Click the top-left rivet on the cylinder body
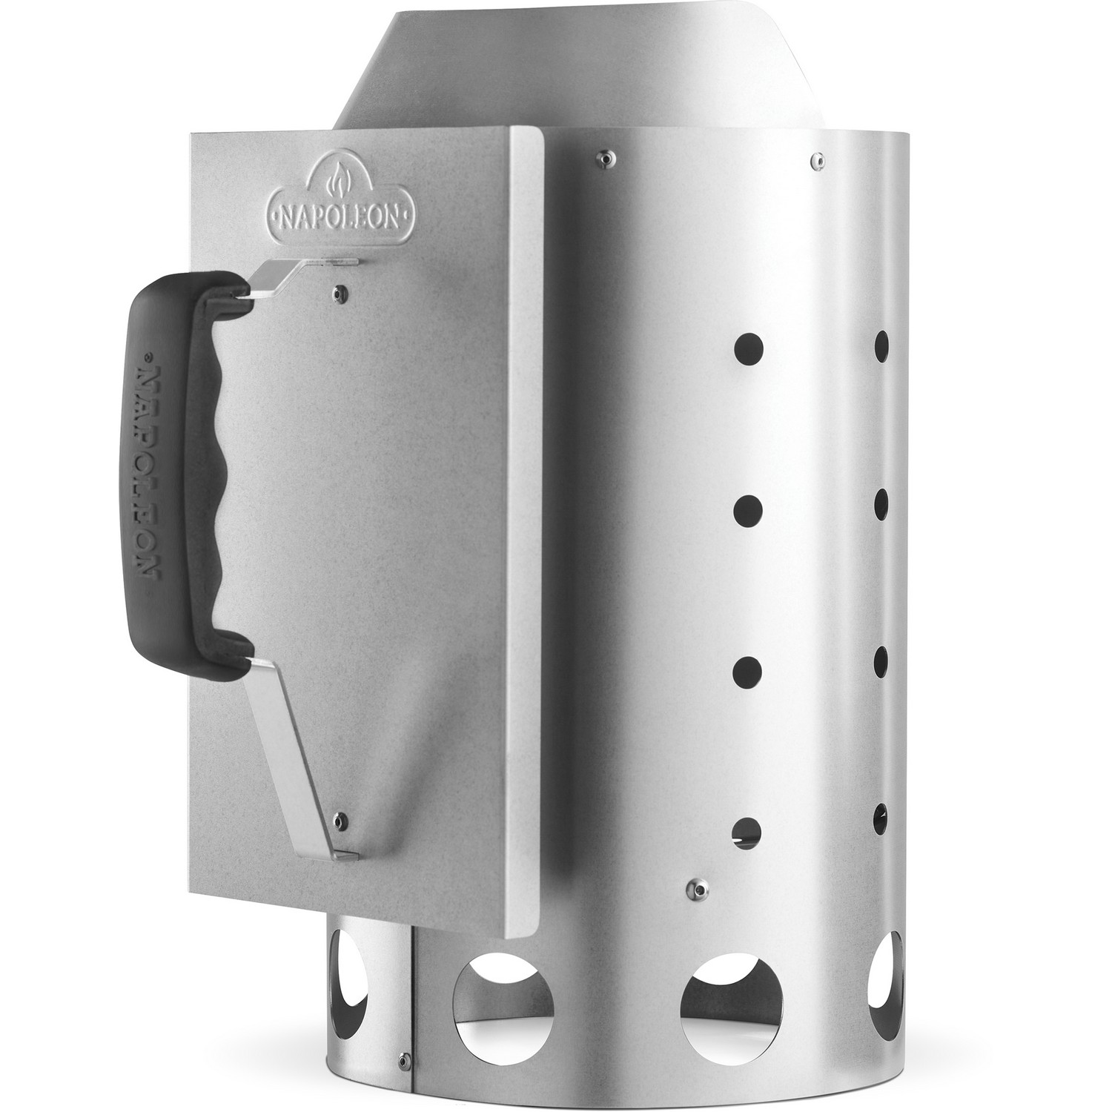(603, 156)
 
